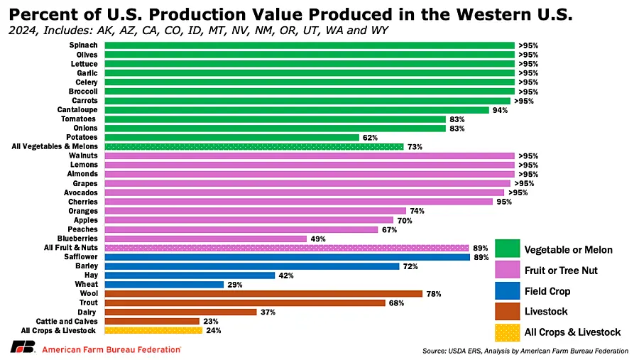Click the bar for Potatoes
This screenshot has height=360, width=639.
point(231,137)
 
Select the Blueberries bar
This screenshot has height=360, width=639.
point(205,239)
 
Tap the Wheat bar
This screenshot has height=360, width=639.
point(163,284)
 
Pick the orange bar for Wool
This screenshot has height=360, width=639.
point(263,293)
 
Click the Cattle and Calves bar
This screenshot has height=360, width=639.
point(151,321)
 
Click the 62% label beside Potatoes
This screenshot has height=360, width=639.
point(370,137)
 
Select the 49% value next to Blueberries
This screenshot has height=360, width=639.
point(317,239)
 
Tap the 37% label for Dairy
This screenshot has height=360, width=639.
point(267,312)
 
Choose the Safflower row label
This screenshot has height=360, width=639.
point(82,256)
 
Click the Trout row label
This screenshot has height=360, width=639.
point(88,302)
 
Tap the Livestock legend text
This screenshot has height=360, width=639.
point(546,311)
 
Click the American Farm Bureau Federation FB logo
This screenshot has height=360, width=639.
point(21,348)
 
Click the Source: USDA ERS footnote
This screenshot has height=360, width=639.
point(525,351)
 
